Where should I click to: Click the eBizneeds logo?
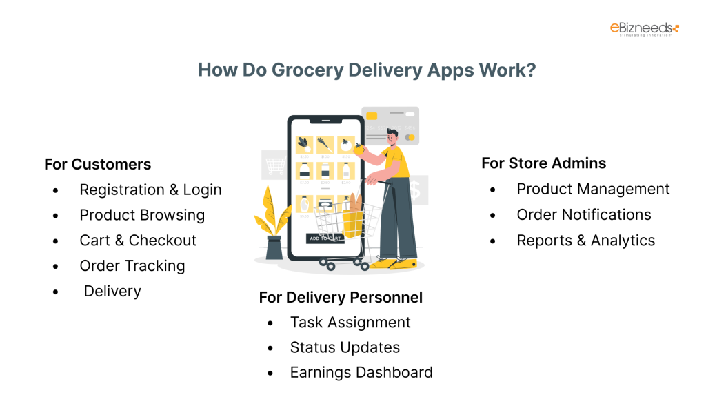[644, 29]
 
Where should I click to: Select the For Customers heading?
[97, 164]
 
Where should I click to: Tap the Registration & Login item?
[150, 190]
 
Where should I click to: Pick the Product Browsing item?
[142, 215]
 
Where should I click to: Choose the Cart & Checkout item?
[138, 241]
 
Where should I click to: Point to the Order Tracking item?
[132, 266]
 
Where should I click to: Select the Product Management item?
[593, 189]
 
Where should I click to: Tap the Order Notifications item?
[583, 214]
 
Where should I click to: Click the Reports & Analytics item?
[585, 241]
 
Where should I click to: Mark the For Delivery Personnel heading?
[341, 297]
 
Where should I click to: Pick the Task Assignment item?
[350, 323]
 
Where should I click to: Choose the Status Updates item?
[345, 347]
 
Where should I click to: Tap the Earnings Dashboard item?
[361, 373]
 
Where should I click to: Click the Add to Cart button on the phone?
[325, 238]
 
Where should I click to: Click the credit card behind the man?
[391, 123]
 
